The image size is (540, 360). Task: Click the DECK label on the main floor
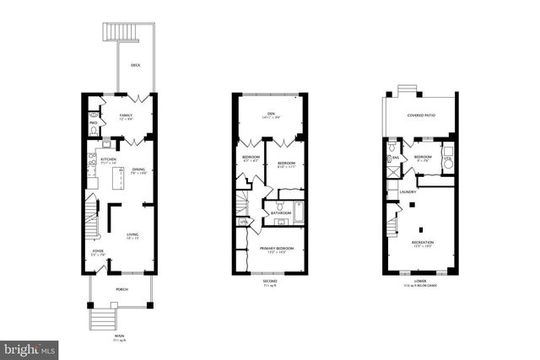click(x=135, y=65)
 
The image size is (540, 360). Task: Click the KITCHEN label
click(x=109, y=159)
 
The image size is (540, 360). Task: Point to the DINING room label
click(x=139, y=171)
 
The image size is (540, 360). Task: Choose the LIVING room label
click(x=133, y=235)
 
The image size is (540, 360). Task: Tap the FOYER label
click(x=99, y=250)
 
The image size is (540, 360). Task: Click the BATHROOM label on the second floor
click(x=281, y=213)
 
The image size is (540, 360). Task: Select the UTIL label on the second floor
click(x=244, y=222)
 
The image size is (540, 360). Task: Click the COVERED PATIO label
click(x=420, y=115)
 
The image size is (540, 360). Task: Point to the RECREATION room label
click(x=422, y=242)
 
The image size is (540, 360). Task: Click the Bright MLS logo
click(x=30, y=347)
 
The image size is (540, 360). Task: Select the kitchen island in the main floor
click(x=120, y=179)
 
